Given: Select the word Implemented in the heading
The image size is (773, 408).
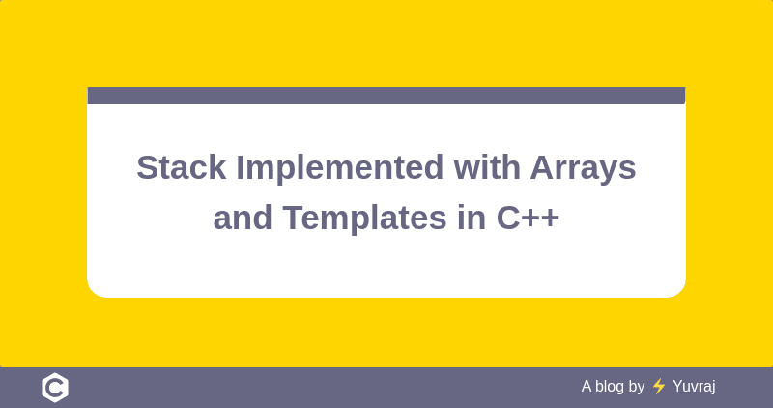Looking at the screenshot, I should (x=338, y=167).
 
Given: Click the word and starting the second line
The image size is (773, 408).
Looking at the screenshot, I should (x=243, y=218).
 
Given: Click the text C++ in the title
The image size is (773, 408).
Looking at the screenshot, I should (x=528, y=218).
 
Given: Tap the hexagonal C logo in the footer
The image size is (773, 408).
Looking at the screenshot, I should (x=55, y=388).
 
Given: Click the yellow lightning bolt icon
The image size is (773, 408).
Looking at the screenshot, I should (x=659, y=387).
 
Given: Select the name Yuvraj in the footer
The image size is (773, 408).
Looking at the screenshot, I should (x=694, y=387).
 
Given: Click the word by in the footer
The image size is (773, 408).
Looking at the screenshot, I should (x=637, y=387).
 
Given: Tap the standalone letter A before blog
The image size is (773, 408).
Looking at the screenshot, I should (x=587, y=387).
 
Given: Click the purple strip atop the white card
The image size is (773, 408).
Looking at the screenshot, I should (x=386, y=96).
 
